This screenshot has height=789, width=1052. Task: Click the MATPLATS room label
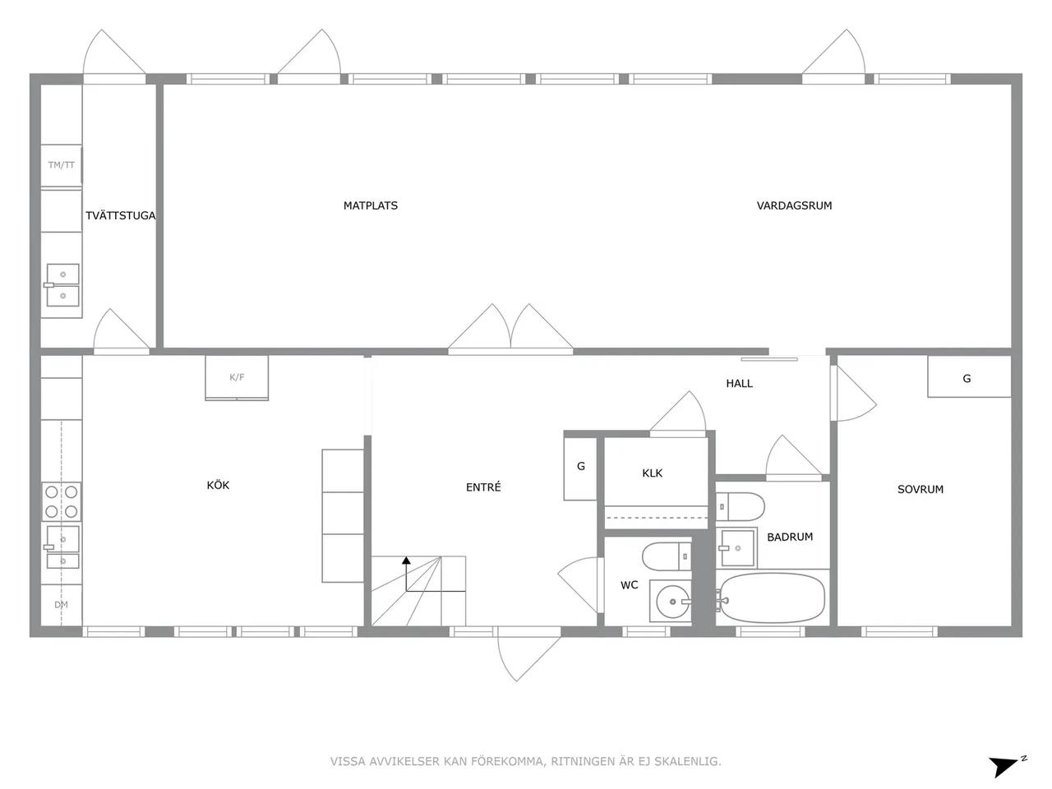371,205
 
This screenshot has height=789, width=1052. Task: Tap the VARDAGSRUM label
794,205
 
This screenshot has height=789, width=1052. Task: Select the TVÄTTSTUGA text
120,215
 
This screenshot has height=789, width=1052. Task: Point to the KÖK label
218,485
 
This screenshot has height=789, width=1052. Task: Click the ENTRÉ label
483,487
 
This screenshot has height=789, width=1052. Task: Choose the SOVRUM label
920,489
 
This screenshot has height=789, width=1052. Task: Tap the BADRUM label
790,537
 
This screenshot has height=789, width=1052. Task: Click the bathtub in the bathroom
772,598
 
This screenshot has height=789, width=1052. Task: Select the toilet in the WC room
667,556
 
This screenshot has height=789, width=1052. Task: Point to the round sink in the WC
673,602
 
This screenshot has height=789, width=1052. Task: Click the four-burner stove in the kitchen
62,501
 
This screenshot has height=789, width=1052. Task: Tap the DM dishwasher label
61,605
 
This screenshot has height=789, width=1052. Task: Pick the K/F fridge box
237,377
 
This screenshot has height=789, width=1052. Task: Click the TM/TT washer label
62,165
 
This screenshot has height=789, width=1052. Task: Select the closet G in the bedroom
969,376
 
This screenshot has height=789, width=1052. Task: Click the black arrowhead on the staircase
406,560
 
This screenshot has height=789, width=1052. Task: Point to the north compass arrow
1004,766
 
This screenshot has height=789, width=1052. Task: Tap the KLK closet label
652,473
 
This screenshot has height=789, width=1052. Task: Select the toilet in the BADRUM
740,506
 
